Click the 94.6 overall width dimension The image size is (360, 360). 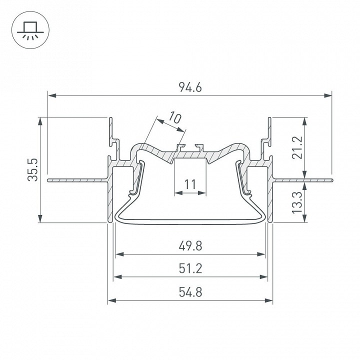(190, 88)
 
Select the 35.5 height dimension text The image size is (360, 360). (33, 170)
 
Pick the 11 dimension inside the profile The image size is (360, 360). (189, 185)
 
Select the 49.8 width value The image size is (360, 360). (189, 246)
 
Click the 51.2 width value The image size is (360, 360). (189, 269)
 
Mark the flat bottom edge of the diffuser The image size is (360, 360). (190, 220)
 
